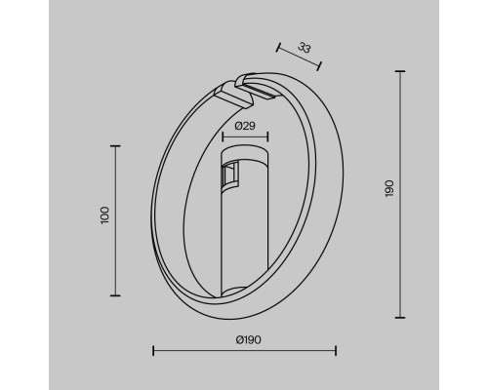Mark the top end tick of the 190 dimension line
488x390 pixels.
pos(401,70)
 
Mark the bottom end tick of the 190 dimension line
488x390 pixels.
pos(401,317)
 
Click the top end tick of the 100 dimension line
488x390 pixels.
pos(116,145)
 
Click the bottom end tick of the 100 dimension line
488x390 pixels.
pos(116,295)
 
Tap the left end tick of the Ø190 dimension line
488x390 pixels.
pos(152,351)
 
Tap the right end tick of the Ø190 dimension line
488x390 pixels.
pos(336,351)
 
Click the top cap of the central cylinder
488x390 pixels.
pos(243,155)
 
